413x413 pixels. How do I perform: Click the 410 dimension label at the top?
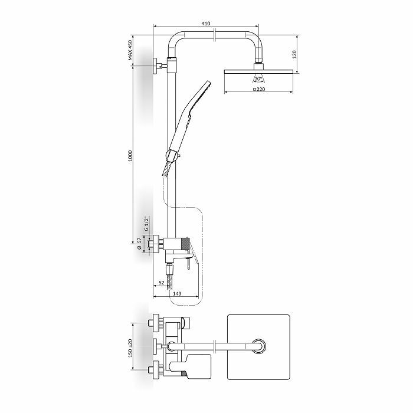[206, 24]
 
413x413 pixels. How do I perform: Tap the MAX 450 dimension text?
[130, 51]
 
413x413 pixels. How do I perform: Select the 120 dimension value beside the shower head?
[294, 54]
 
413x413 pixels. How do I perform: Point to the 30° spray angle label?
[258, 78]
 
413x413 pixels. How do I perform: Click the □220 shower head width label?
[259, 89]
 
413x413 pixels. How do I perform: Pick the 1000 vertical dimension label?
[130, 156]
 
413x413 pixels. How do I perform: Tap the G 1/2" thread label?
[147, 224]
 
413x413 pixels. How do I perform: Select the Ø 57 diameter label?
[139, 243]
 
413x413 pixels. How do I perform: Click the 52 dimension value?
[162, 283]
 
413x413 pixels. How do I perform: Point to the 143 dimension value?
[177, 293]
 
